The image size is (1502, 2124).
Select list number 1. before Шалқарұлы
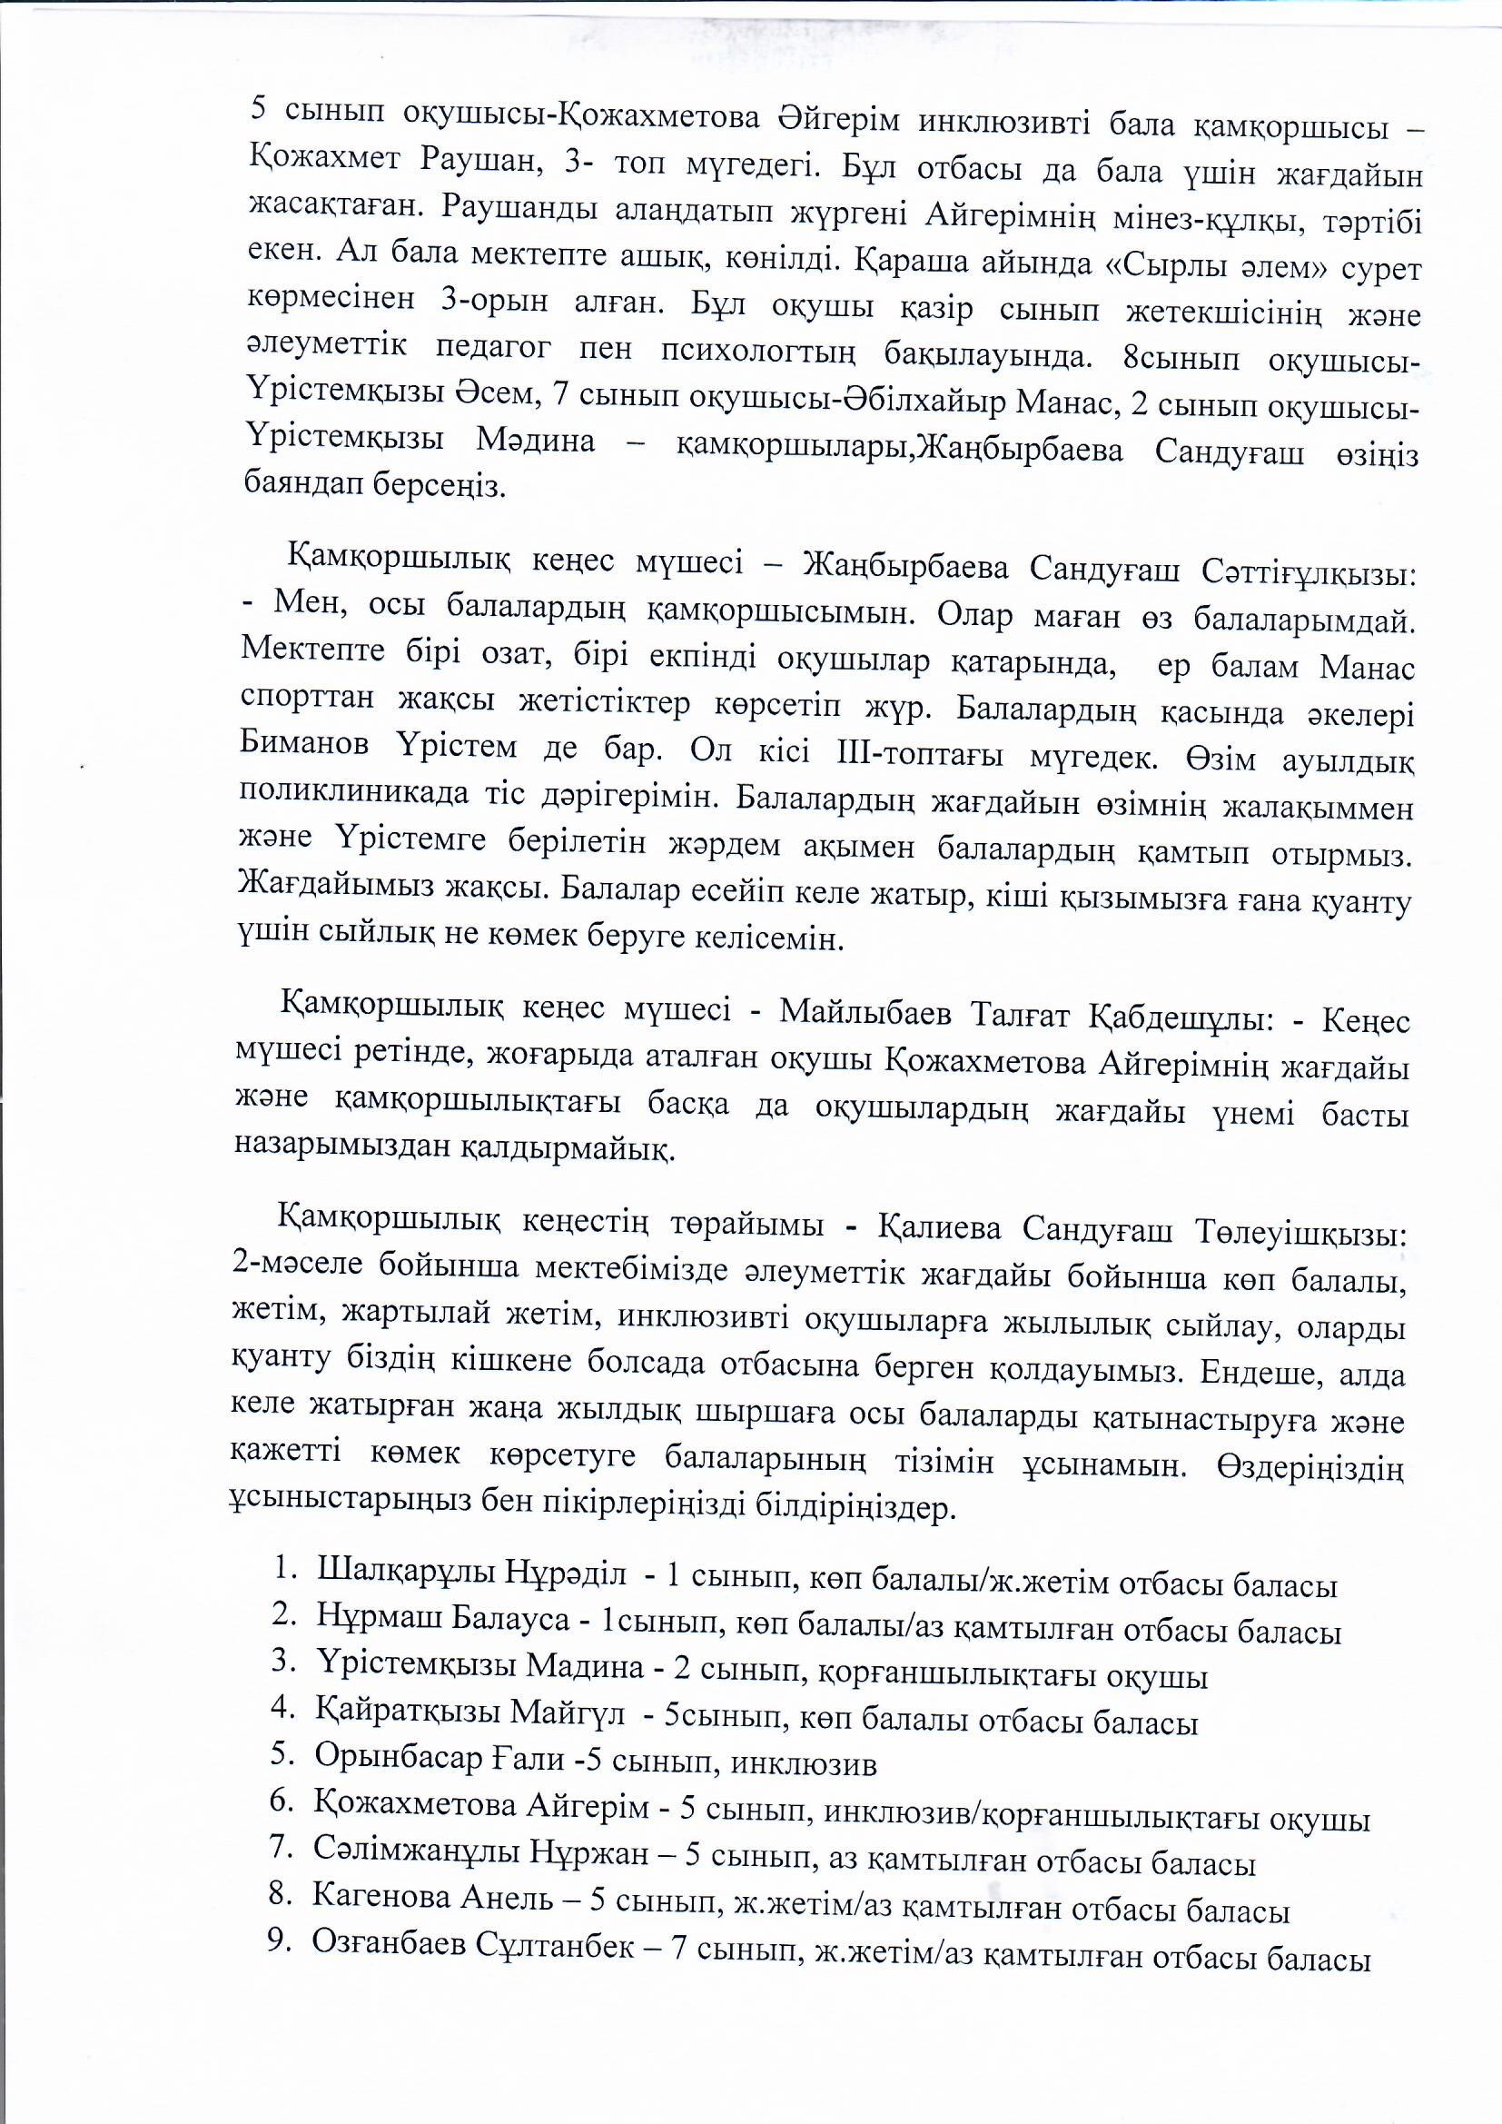tap(286, 1569)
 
